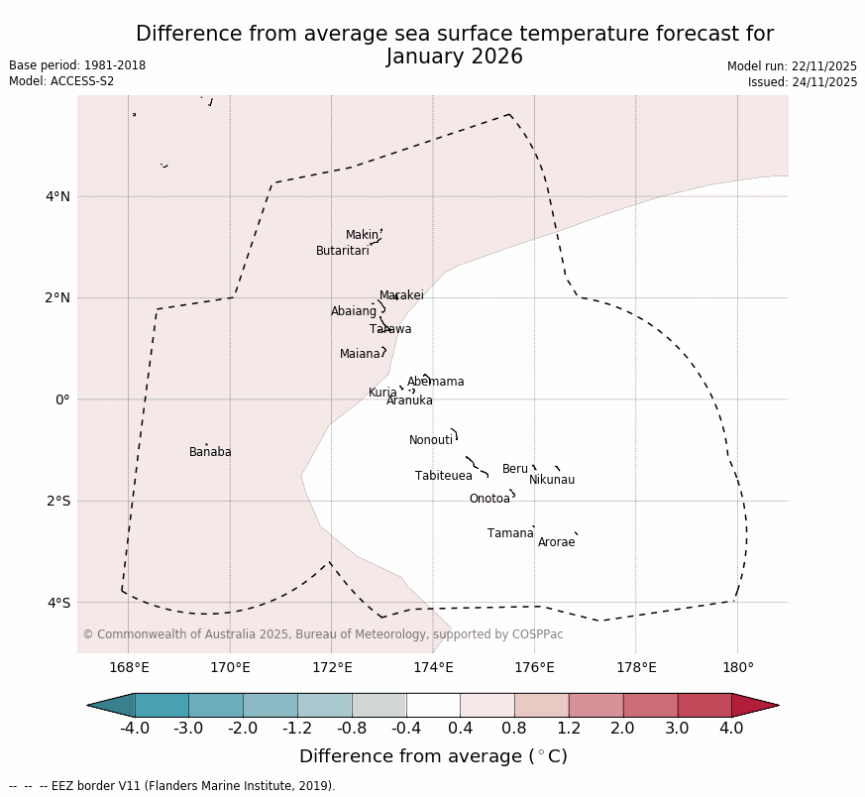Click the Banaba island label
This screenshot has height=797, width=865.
click(x=210, y=452)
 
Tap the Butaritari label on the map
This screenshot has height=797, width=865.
click(x=343, y=251)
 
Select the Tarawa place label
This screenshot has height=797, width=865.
click(x=390, y=329)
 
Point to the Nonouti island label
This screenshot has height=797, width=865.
click(x=431, y=440)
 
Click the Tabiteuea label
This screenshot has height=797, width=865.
click(x=444, y=476)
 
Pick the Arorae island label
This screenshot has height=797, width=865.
click(x=556, y=542)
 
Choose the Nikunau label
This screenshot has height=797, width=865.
click(x=552, y=480)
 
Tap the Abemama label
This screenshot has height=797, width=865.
click(x=436, y=382)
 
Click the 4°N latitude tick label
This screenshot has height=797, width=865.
click(x=57, y=196)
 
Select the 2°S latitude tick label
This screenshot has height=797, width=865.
click(x=57, y=501)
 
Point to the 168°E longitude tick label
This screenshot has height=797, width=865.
click(x=129, y=667)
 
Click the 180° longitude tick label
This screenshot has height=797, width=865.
click(x=737, y=667)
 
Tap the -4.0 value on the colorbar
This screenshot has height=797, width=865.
click(x=135, y=729)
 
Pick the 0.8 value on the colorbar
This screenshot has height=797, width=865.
click(x=514, y=729)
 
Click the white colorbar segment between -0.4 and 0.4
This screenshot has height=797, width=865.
click(x=433, y=705)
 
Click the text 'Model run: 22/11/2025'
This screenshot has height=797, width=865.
click(x=792, y=66)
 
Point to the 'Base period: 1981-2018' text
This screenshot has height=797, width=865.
click(x=77, y=65)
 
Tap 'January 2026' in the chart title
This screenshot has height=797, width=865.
click(x=455, y=57)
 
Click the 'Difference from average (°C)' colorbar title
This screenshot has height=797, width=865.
click(x=433, y=756)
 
